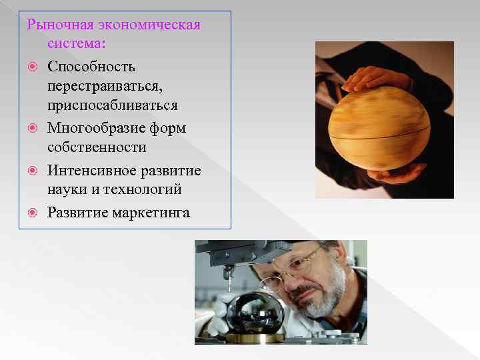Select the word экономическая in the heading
[149, 25]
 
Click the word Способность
[91, 67]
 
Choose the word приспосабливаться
[112, 107]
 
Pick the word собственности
[97, 147]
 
